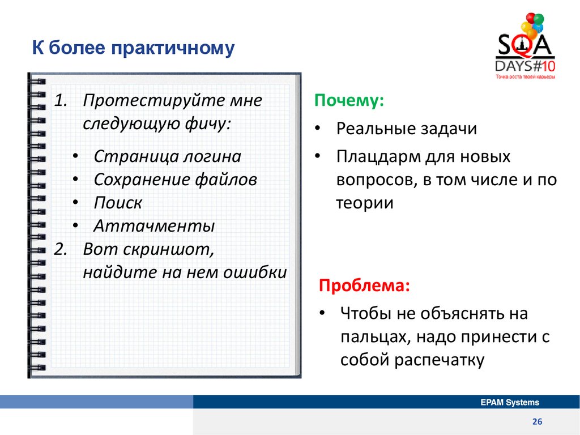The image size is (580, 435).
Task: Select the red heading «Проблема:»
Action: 364,285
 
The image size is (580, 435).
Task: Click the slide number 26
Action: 537,421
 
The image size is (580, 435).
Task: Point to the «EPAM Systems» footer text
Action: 510,402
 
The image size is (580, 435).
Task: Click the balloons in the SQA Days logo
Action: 532,25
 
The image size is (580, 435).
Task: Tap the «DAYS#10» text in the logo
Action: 525,66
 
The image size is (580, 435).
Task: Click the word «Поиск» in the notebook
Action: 118,203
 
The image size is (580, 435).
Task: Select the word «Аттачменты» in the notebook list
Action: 154,226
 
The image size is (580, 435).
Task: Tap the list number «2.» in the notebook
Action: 61,249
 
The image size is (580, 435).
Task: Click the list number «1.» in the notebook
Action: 61,100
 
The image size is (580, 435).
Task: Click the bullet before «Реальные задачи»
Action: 317,128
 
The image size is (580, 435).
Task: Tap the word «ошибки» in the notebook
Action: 255,272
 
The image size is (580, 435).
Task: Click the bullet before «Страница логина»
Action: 75,156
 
